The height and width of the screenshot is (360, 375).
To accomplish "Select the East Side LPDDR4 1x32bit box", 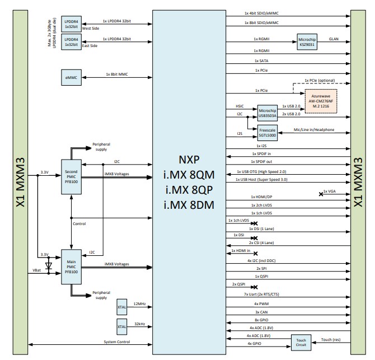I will click(71, 43).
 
